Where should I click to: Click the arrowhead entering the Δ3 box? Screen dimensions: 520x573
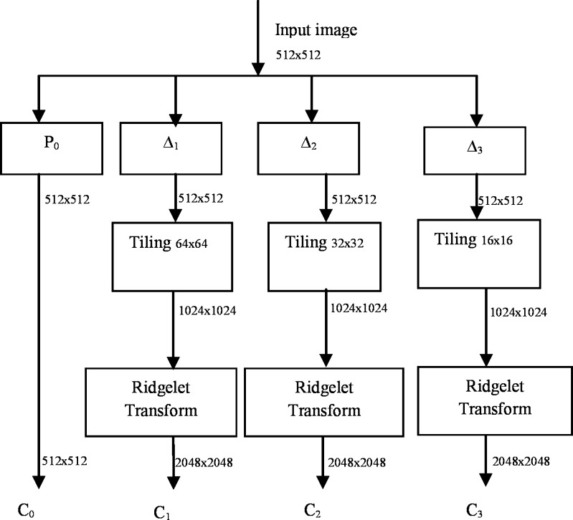(474, 120)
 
